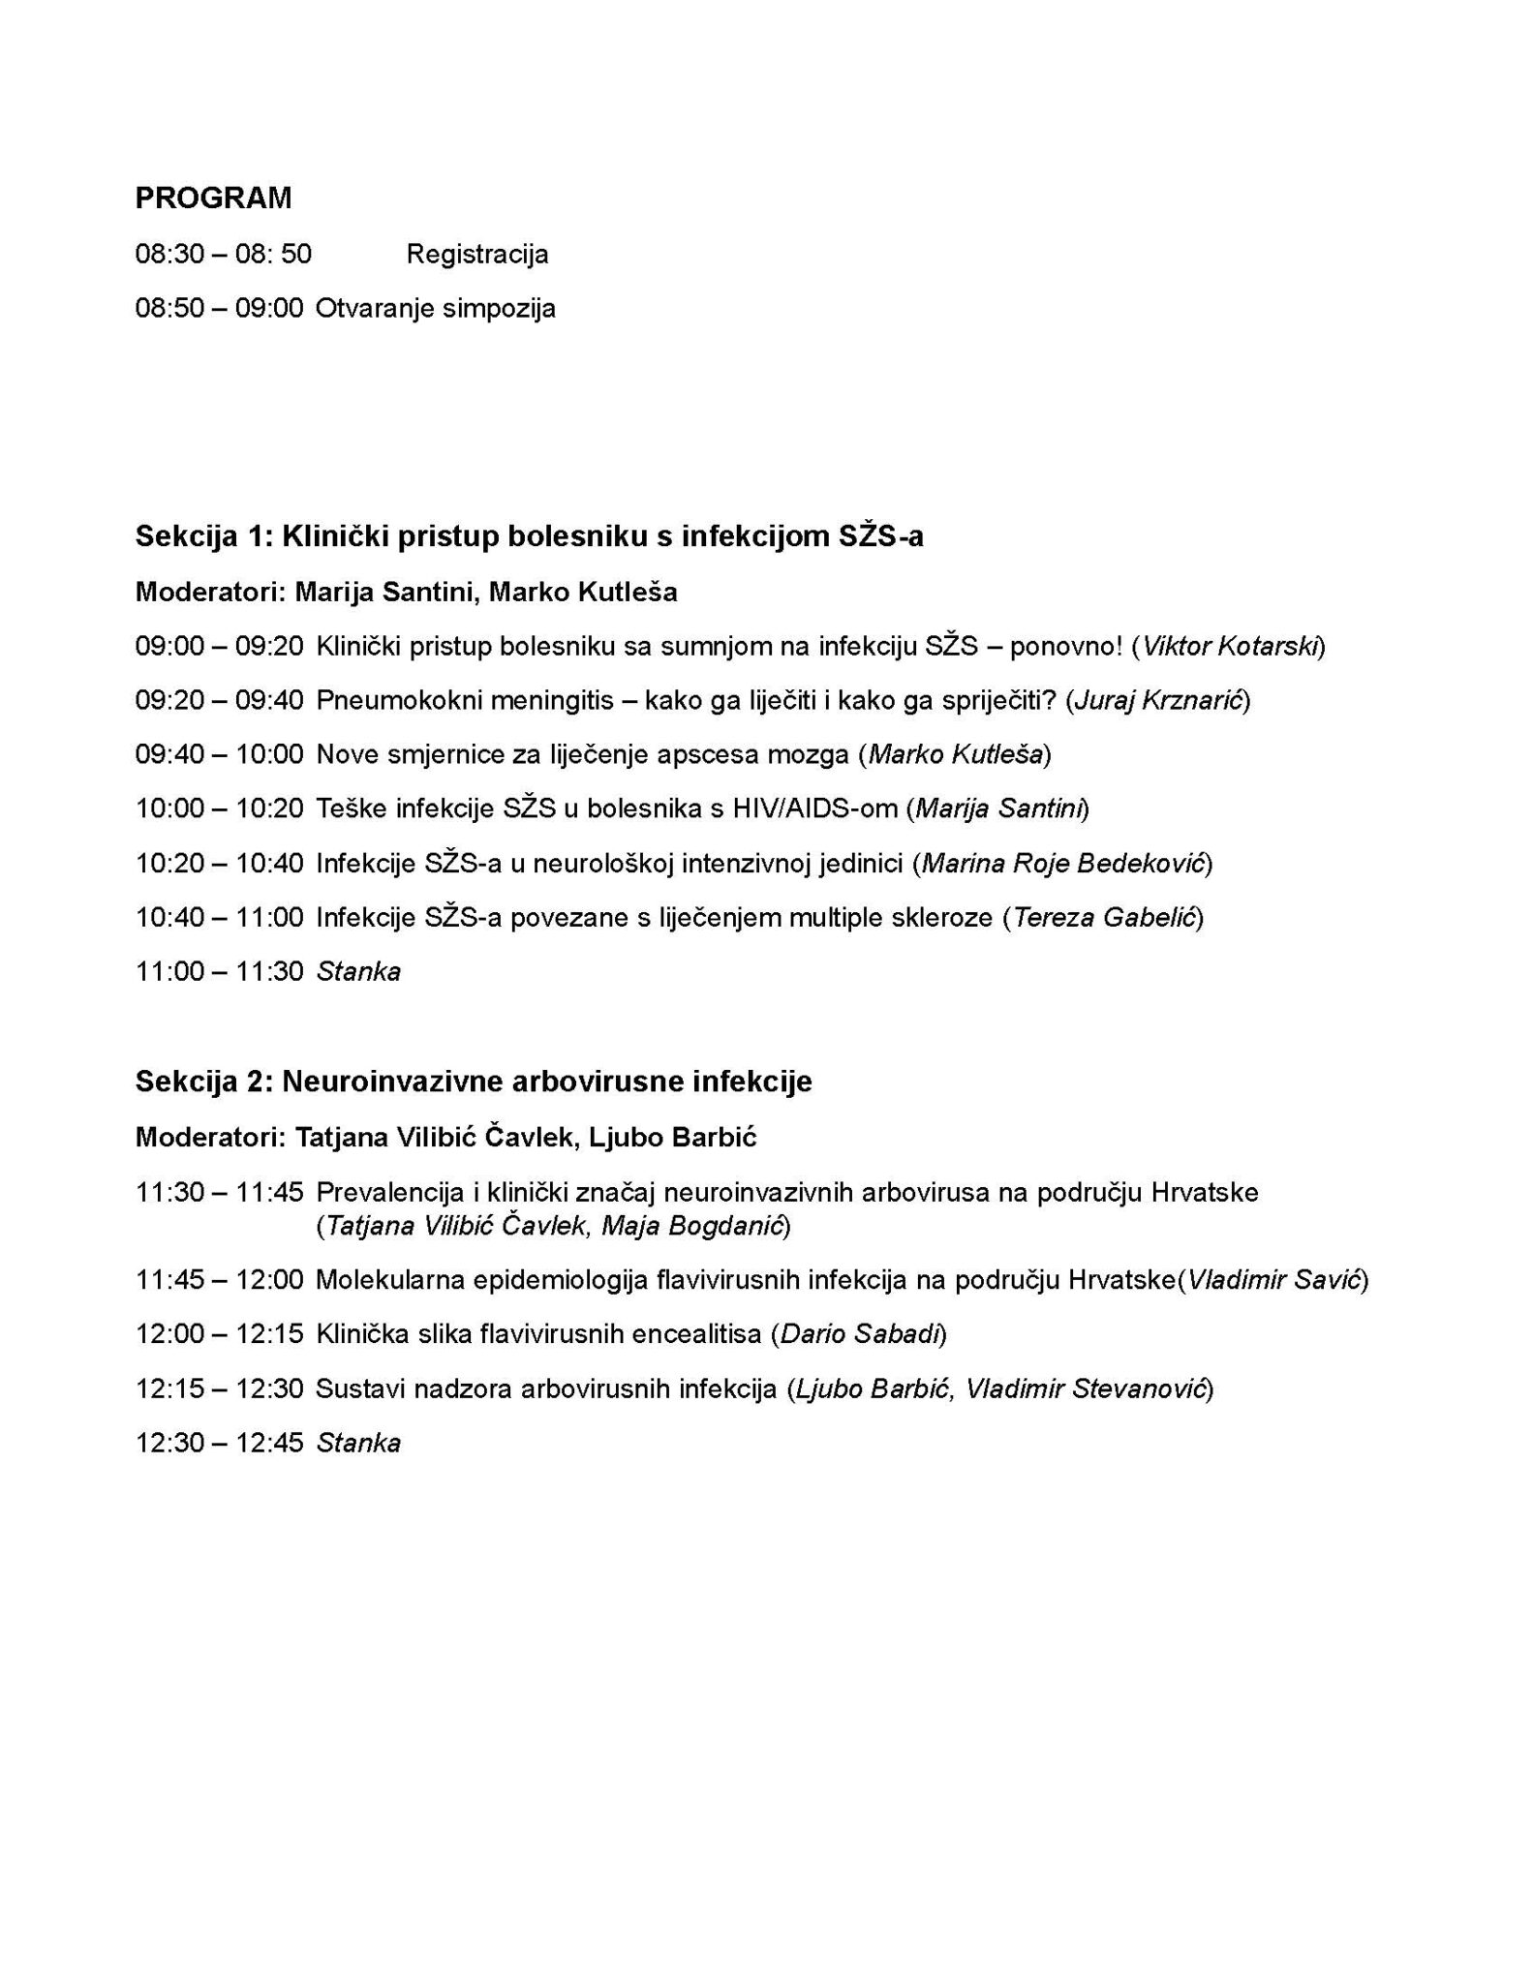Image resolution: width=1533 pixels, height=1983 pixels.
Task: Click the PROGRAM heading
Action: click(213, 198)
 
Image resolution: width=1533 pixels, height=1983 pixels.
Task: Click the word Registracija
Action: click(477, 255)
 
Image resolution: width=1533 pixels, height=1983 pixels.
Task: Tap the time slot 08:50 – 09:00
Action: click(219, 309)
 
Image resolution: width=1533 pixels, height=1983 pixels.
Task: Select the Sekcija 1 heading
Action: click(529, 536)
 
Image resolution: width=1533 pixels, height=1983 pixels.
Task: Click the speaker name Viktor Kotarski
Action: click(1232, 646)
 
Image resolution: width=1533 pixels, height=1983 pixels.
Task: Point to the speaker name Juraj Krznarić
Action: click(1158, 700)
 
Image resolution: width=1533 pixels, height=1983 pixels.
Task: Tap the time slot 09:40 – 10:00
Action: click(219, 754)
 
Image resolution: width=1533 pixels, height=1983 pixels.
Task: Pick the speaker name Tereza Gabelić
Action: click(1103, 917)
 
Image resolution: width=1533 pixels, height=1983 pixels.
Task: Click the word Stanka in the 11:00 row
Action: click(358, 971)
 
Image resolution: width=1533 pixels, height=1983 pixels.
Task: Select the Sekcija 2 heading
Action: click(474, 1082)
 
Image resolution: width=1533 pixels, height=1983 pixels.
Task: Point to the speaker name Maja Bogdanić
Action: click(691, 1226)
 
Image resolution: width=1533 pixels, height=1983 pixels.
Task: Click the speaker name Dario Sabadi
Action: click(859, 1334)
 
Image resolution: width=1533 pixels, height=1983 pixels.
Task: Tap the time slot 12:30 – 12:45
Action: click(219, 1444)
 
